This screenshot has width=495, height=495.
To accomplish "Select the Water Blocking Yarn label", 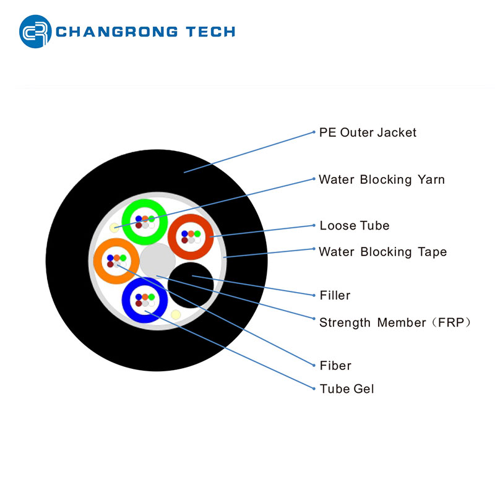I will click(381, 180).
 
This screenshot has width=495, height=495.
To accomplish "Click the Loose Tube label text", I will click(354, 226).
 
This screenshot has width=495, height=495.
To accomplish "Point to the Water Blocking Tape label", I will click(382, 252).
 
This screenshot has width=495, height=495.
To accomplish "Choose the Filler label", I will click(335, 296).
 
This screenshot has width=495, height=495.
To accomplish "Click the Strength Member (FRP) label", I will click(395, 322).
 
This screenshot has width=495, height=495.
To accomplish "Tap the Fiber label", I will click(335, 366).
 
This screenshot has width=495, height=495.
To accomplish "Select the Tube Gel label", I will click(346, 389).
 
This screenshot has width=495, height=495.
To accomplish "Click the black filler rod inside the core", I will click(192, 285).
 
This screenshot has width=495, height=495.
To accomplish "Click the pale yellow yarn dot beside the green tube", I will click(114, 228).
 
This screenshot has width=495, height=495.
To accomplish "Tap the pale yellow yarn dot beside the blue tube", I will click(176, 315).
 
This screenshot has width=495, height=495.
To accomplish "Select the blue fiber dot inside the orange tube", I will click(110, 257).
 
